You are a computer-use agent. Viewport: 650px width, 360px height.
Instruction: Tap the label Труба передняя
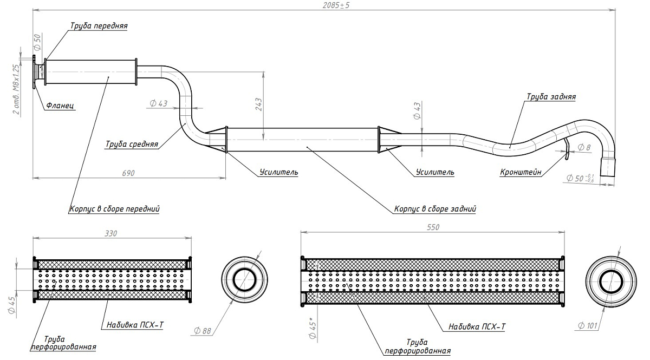click(99, 25)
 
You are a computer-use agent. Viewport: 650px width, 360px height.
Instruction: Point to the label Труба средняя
click(132, 144)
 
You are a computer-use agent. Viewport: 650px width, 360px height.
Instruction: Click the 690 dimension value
click(128, 173)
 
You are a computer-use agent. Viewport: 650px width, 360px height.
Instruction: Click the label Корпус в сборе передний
click(114, 208)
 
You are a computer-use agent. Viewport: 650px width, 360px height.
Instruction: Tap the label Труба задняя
click(551, 97)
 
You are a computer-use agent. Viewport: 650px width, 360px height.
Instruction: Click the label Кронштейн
click(521, 173)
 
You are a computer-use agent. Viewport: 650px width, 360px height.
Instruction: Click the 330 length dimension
click(112, 233)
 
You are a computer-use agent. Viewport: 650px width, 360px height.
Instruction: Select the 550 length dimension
click(433, 227)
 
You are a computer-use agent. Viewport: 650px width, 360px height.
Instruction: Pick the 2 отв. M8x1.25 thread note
click(16, 89)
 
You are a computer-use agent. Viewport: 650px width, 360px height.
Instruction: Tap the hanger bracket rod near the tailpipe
click(566, 149)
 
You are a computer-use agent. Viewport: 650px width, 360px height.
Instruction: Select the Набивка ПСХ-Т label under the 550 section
click(477, 326)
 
